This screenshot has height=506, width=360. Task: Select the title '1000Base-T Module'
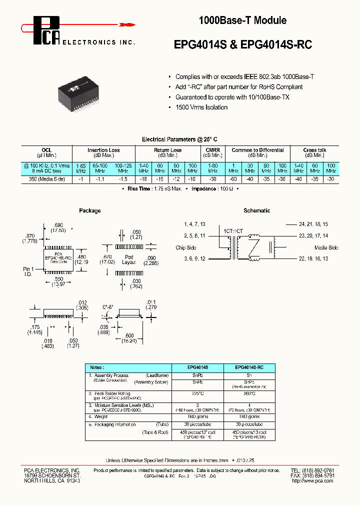pos(242,20)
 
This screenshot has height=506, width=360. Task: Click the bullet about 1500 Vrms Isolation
pos(201,107)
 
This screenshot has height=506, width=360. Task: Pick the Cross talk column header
pos(314,150)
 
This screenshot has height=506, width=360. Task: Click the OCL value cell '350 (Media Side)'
pos(47,178)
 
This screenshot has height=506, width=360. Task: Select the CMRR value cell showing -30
pos(212,178)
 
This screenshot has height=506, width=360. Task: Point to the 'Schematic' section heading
pos(256,210)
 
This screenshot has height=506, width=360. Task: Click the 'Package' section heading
pos(89,210)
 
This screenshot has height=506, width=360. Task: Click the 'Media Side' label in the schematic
pos(326,247)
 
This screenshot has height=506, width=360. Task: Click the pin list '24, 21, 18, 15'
pos(313,224)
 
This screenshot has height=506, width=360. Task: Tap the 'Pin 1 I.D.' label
pos(28,271)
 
